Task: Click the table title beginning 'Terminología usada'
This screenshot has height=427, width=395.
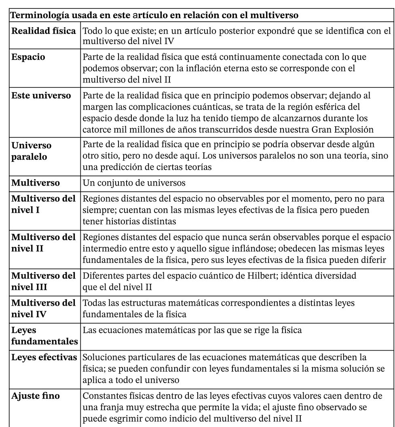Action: [154, 16]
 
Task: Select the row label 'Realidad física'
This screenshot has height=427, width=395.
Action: [43, 31]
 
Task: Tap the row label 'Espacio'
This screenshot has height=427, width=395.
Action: [28, 57]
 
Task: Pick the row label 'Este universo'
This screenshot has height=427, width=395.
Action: [41, 96]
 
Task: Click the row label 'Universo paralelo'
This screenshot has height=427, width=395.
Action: [32, 151]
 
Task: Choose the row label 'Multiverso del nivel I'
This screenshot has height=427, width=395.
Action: [43, 205]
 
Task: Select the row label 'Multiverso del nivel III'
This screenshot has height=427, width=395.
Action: [43, 281]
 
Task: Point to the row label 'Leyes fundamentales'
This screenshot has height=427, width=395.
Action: [44, 336]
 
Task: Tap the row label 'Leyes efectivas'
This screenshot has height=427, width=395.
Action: [44, 357]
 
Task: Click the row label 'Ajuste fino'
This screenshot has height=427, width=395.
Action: [35, 396]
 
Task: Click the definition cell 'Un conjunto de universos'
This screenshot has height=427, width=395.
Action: [134, 183]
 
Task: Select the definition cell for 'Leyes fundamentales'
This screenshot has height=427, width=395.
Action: [192, 330]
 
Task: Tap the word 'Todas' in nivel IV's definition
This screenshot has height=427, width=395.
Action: [94, 303]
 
